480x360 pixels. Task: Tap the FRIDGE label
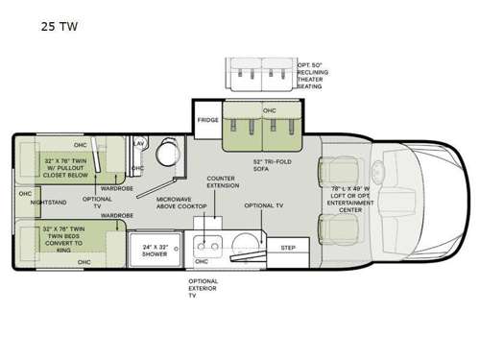click(208, 120)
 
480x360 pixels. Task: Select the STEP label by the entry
click(287, 247)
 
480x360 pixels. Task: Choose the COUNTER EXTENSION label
click(222, 183)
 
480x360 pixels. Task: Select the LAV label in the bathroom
click(138, 142)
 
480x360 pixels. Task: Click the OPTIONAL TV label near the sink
click(261, 205)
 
